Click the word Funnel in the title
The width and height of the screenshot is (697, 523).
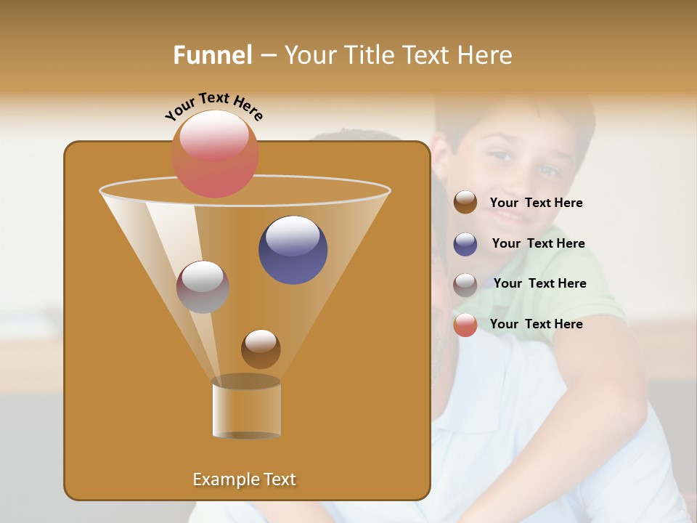(213, 55)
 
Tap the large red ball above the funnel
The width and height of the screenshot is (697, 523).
(214, 153)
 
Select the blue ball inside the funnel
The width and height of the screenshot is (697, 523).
(293, 250)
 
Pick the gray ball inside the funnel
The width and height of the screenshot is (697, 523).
(203, 287)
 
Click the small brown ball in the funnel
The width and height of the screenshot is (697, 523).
(261, 349)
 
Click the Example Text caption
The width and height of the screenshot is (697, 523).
(244, 479)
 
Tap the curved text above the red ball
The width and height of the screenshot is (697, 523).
(214, 106)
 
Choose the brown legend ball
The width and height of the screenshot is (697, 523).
(465, 203)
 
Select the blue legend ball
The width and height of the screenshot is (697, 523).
(465, 244)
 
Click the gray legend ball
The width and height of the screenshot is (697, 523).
(465, 284)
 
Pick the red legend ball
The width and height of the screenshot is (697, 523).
(465, 325)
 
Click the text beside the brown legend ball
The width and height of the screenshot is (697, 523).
(536, 203)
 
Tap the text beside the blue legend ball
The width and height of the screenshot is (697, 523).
(538, 244)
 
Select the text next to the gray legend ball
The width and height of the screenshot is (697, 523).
(539, 284)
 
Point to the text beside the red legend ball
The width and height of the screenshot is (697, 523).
(536, 325)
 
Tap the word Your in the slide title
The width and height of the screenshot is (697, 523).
(308, 55)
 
